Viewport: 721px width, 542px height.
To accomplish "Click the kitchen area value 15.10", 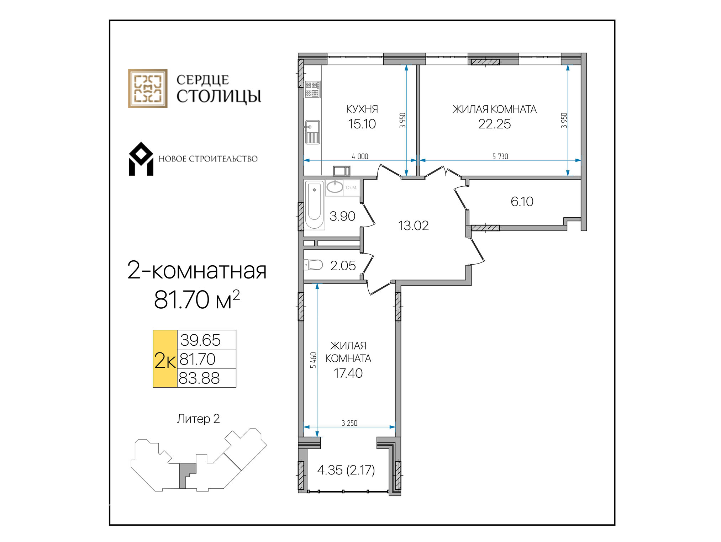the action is [362, 124].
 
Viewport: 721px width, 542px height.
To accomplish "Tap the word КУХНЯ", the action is [362, 109].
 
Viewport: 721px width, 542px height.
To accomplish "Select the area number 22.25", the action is [494, 124].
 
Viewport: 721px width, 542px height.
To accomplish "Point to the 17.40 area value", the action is [348, 373].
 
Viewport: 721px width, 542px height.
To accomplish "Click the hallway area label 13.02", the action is [414, 225].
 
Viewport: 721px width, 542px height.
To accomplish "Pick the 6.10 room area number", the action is [522, 202].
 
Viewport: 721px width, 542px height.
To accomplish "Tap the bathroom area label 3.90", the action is [342, 216].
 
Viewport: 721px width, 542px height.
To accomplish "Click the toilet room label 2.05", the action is [343, 266].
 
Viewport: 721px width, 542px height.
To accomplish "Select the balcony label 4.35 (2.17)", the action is [346, 470].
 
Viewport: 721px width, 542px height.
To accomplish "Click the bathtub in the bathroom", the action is [314, 205].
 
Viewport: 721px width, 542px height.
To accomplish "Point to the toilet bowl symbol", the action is [313, 265].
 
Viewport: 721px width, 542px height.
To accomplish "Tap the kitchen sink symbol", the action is [312, 132].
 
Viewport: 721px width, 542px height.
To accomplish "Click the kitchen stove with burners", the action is [312, 89].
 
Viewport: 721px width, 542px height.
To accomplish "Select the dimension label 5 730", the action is [500, 156].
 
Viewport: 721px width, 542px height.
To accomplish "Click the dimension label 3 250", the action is [349, 423].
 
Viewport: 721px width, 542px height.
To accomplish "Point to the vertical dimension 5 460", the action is [313, 360].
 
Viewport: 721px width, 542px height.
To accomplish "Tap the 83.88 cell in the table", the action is [199, 378].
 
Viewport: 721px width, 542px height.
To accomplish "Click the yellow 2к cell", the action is [165, 358].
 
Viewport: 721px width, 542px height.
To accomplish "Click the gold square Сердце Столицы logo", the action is [148, 89].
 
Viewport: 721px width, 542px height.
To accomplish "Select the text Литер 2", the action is [198, 419].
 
